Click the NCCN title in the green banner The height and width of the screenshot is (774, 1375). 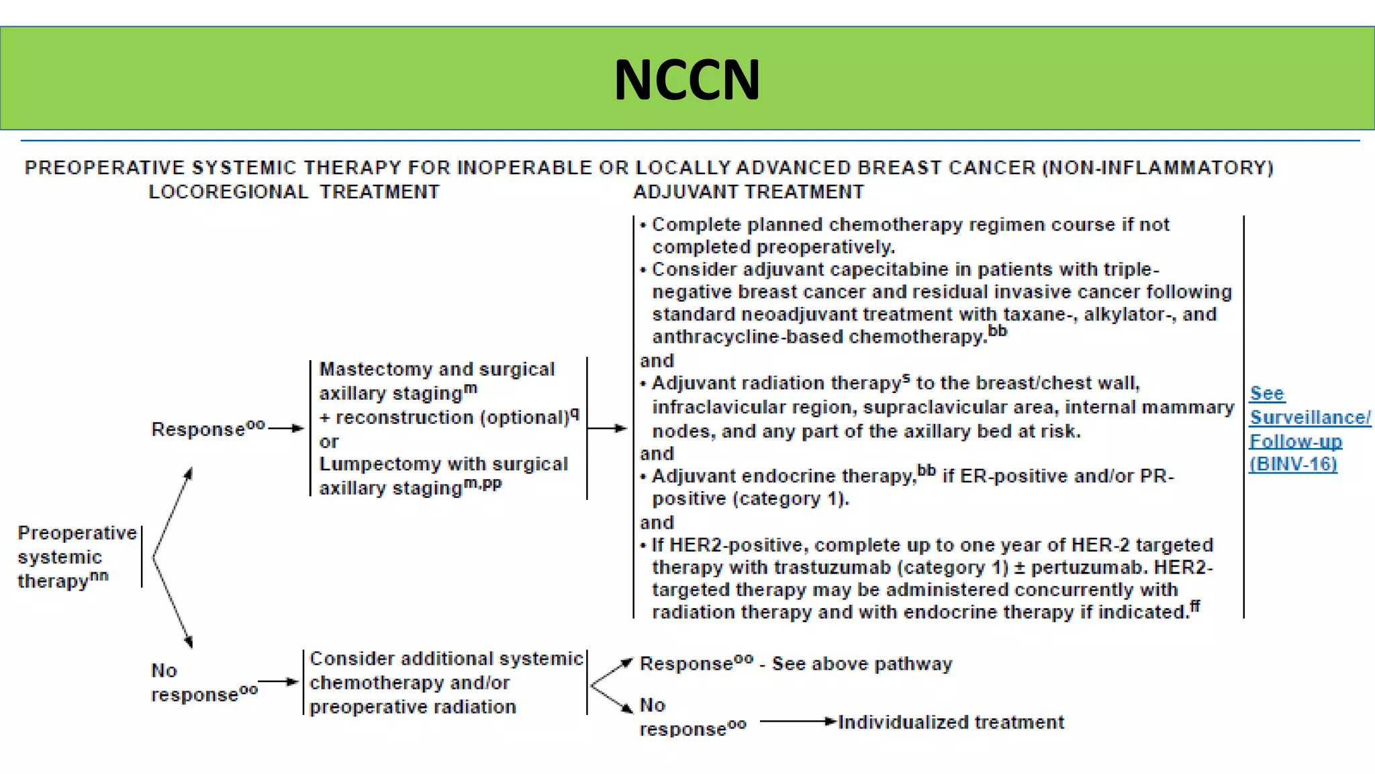(687, 79)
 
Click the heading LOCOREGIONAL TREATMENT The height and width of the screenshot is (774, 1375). (293, 192)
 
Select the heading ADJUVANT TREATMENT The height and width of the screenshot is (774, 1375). (749, 192)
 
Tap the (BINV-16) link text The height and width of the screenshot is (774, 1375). (1293, 464)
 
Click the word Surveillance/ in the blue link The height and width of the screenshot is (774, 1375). (1309, 417)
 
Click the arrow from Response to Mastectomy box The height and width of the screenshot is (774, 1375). (287, 428)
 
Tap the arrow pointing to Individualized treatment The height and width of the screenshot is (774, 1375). (799, 722)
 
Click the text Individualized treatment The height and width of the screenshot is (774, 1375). (951, 722)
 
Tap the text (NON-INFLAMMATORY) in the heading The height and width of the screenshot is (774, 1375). (1157, 167)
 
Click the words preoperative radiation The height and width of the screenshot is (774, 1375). (413, 707)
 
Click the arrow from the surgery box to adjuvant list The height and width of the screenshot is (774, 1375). (608, 428)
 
